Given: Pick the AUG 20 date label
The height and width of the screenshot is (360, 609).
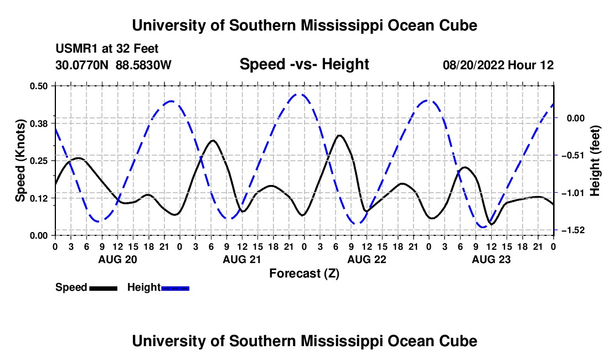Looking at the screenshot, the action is point(118,259).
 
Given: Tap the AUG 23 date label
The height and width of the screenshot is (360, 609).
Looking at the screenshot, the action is point(491,259).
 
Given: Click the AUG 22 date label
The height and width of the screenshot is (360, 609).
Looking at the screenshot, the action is point(367,259).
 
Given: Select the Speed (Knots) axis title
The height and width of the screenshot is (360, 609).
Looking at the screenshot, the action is point(20,161).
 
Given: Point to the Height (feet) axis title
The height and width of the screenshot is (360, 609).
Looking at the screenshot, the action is point(595,161).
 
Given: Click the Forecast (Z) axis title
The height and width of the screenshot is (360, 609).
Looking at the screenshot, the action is point(304,274).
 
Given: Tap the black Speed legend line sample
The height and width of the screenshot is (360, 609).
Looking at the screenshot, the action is point(104,288).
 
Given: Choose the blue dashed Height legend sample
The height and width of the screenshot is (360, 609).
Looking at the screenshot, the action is point(175,288).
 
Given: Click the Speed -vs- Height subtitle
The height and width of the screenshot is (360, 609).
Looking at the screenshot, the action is point(304,64).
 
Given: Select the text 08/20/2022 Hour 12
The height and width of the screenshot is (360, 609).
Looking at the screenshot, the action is point(498,65).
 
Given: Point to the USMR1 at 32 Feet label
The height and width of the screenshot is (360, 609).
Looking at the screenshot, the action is point(107,49).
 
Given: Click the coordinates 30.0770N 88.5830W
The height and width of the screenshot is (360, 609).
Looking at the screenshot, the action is point(113,65).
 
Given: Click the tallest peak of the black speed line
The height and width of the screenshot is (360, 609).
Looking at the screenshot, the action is point(340,135).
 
